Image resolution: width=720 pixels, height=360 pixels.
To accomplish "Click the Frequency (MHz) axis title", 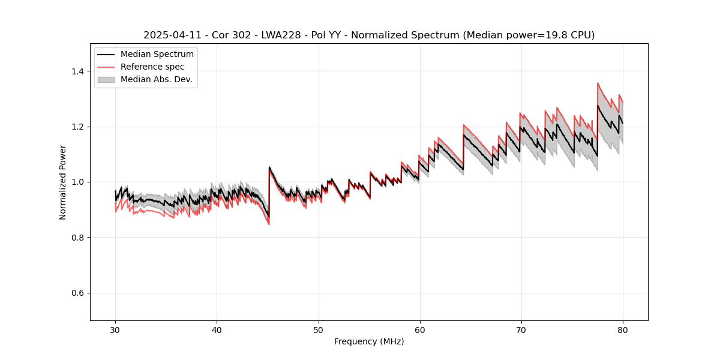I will pyautogui.click(x=369, y=341).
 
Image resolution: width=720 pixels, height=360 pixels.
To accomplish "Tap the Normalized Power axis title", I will pyautogui.click(x=63, y=182).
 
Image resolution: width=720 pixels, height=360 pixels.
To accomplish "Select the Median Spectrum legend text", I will pyautogui.click(x=157, y=54).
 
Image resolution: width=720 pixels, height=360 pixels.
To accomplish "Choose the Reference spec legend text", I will pyautogui.click(x=152, y=67).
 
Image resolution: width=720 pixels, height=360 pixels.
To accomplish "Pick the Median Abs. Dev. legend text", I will pyautogui.click(x=156, y=79).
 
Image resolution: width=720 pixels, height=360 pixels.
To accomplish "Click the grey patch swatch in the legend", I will pyautogui.click(x=106, y=79).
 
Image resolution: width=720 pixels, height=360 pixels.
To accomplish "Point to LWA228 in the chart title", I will pyautogui.click(x=283, y=35).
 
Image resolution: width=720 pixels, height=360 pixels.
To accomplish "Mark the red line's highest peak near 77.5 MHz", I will pyautogui.click(x=598, y=83).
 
